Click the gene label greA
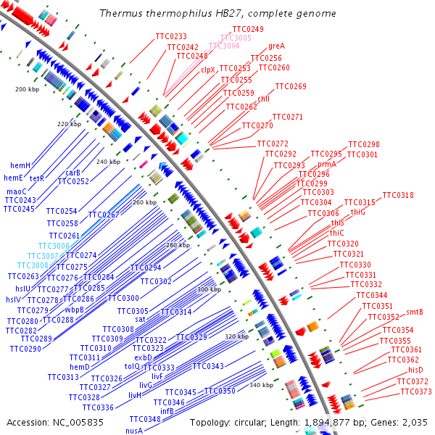click(277, 46)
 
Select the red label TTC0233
click(171, 36)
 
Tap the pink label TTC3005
click(236, 37)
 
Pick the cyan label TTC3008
click(43, 265)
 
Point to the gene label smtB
click(415, 312)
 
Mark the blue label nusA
click(134, 431)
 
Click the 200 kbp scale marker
click(26, 89)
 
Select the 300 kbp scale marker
click(209, 289)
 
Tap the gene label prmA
click(327, 165)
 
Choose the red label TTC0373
click(416, 391)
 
